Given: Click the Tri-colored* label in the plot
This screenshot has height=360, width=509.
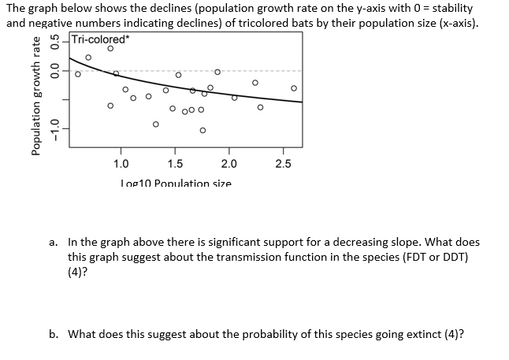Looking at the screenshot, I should tap(99, 40).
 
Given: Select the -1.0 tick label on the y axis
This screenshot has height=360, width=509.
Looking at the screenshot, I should tap(54, 126).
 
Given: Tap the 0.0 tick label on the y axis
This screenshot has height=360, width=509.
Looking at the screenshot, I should tap(54, 73).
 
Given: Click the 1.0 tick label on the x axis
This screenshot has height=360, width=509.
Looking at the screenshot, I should tap(121, 164).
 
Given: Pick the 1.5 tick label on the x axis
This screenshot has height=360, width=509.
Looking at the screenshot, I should tap(175, 164).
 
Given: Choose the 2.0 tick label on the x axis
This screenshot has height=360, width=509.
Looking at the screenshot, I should tap(228, 164).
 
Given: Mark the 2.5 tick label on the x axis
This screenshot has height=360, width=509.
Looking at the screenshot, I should tap(283, 164).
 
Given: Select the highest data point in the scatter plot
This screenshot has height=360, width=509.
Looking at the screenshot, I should tap(110, 49).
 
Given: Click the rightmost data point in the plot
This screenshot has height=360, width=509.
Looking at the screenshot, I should tap(294, 87).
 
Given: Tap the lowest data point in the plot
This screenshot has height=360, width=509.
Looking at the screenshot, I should tap(202, 130).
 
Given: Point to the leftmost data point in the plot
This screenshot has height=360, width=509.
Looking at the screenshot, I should tap(77, 75).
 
